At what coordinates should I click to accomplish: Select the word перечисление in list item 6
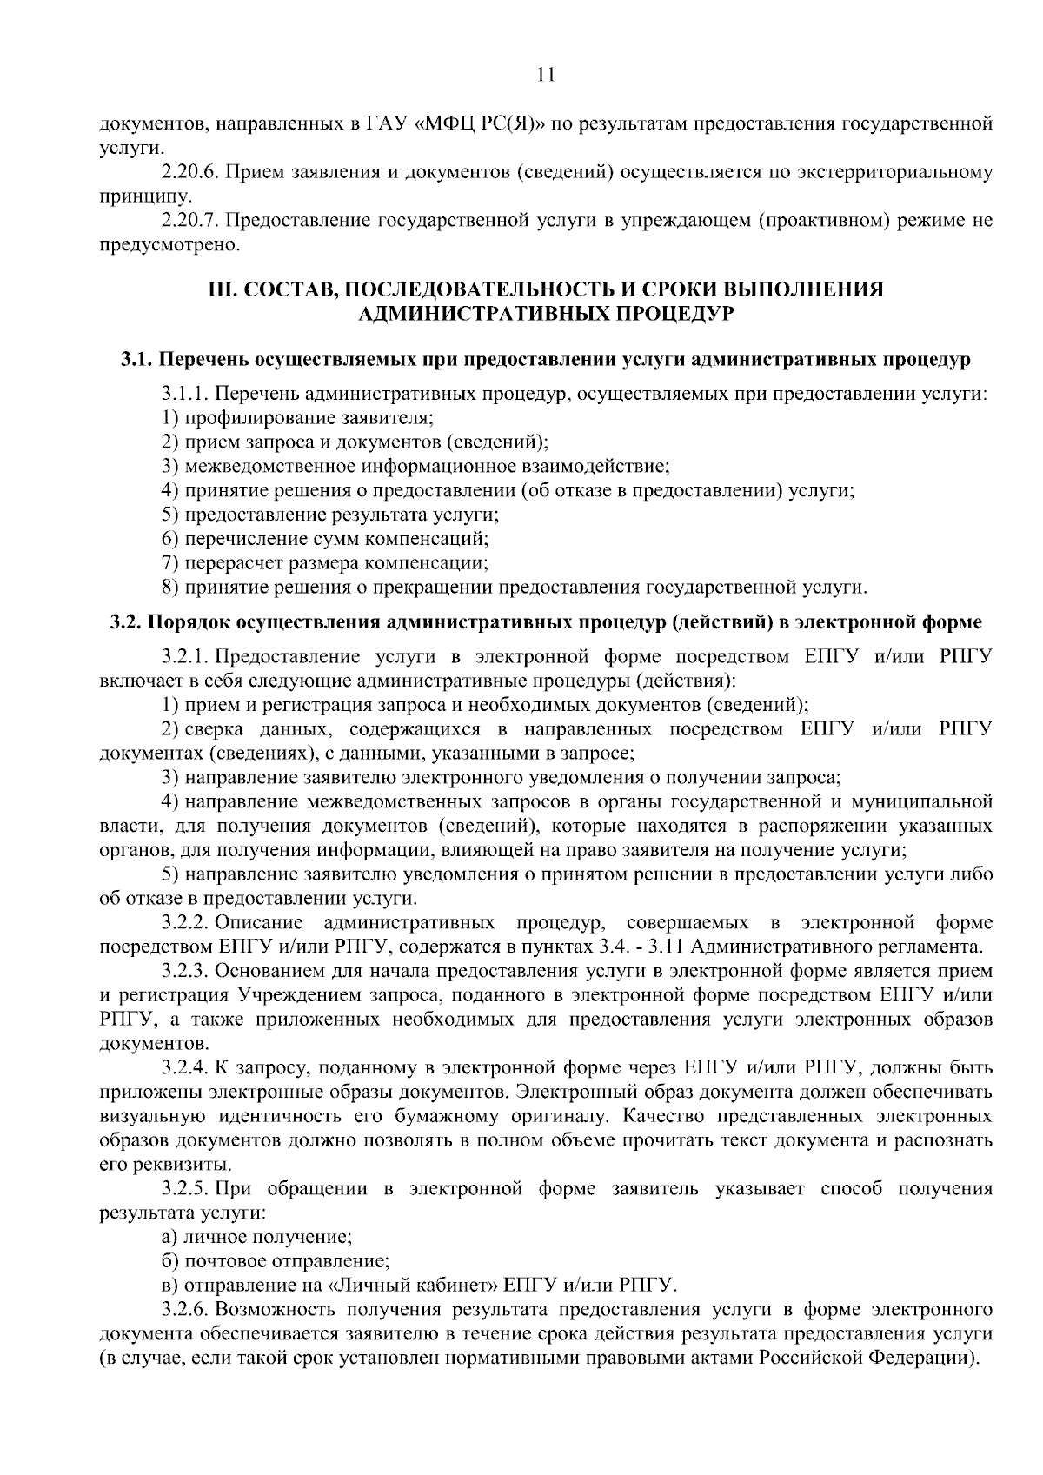(x=235, y=539)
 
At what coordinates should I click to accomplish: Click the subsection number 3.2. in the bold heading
(x=128, y=622)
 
